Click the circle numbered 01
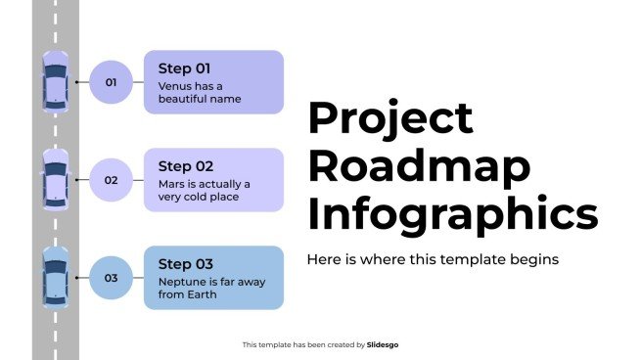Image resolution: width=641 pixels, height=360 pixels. (111, 82)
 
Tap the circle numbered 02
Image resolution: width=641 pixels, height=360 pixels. (111, 180)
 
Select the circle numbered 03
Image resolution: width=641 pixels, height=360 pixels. (111, 278)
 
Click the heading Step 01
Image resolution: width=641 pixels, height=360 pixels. (185, 68)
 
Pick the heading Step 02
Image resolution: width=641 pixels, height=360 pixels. (185, 166)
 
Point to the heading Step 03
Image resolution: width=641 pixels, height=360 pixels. (185, 264)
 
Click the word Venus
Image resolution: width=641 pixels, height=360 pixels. (174, 85)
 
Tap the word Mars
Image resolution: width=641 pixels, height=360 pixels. (171, 183)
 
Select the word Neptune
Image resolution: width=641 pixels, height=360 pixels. (181, 281)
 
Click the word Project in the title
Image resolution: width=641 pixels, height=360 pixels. (390, 120)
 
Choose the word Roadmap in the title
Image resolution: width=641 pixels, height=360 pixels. (419, 166)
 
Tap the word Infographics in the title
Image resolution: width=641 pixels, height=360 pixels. (452, 213)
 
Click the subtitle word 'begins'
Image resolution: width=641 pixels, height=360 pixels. (535, 260)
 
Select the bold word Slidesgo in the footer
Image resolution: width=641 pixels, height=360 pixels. (383, 344)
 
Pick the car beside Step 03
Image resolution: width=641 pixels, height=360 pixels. (55, 278)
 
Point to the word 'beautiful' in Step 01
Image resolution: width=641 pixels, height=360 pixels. (185, 99)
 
